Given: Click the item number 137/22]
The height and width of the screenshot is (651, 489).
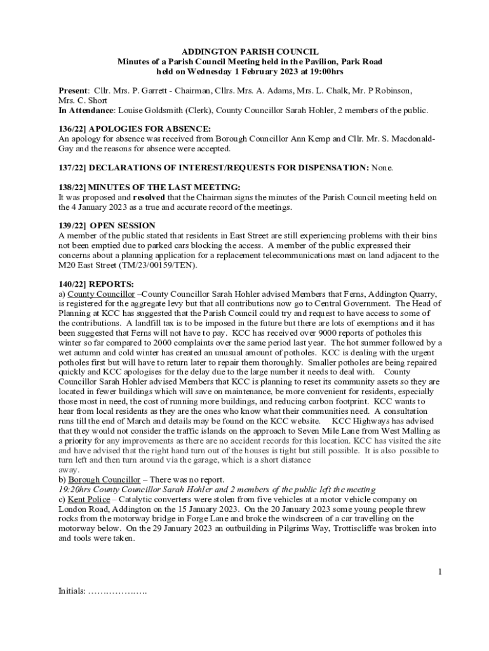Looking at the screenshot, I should [70, 168].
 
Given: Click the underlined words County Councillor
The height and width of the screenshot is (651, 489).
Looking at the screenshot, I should [101, 294].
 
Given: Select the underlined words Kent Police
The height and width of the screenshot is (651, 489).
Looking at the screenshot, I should [88, 500].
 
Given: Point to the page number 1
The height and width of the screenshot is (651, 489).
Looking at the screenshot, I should [439, 572].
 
